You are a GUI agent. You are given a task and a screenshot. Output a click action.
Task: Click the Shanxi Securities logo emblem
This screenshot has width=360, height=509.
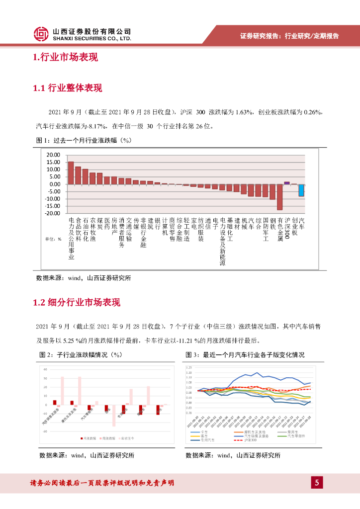point(41,34)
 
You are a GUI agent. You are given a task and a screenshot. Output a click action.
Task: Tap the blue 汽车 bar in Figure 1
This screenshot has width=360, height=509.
point(301,190)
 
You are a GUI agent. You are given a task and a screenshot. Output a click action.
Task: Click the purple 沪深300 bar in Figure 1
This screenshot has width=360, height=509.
point(287,183)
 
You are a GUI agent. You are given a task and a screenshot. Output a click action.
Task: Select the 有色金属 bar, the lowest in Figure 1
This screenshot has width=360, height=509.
point(280,197)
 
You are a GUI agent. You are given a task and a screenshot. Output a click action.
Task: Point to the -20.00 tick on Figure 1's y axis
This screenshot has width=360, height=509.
point(52,214)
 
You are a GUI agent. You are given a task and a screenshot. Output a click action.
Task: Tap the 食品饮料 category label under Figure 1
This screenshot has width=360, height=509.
point(78,229)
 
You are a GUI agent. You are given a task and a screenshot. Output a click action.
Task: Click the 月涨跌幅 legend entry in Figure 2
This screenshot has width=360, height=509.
point(89,438)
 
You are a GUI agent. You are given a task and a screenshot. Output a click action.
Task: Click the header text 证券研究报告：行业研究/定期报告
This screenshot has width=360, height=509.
point(289,36)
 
